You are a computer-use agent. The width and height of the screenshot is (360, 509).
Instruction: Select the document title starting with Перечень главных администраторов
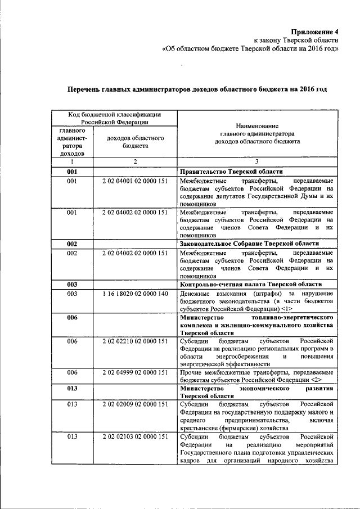197,89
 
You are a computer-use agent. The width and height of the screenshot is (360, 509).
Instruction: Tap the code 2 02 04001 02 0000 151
135,181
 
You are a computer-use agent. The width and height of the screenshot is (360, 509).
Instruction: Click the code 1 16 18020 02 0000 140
135,294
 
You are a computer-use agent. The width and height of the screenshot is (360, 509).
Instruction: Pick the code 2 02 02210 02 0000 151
135,341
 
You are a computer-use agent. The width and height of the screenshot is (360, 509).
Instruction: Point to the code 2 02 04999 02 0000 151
135,372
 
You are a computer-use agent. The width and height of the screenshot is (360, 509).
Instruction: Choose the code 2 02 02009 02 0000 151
135,404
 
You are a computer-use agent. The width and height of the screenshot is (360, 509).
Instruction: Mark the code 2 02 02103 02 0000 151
135,436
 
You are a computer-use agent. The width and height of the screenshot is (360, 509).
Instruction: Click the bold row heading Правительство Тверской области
231,172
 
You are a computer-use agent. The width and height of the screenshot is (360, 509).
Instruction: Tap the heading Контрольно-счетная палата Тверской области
250,285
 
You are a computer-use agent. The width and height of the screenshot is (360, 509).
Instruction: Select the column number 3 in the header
257,162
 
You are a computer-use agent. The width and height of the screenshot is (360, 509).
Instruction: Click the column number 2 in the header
135,162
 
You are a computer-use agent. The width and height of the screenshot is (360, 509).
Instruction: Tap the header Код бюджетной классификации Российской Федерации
115,118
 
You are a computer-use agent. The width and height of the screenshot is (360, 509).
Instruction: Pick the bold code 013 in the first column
72,389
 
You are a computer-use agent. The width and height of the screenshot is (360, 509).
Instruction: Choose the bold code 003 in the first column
72,285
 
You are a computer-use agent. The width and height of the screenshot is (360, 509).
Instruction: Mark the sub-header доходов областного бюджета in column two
135,141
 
